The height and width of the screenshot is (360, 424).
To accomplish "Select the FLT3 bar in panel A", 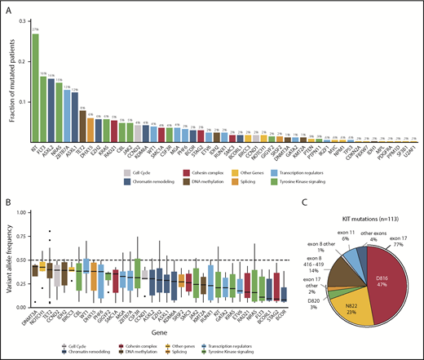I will (x=43, y=107).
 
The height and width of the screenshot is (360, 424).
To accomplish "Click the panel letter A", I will (x=6, y=7).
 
